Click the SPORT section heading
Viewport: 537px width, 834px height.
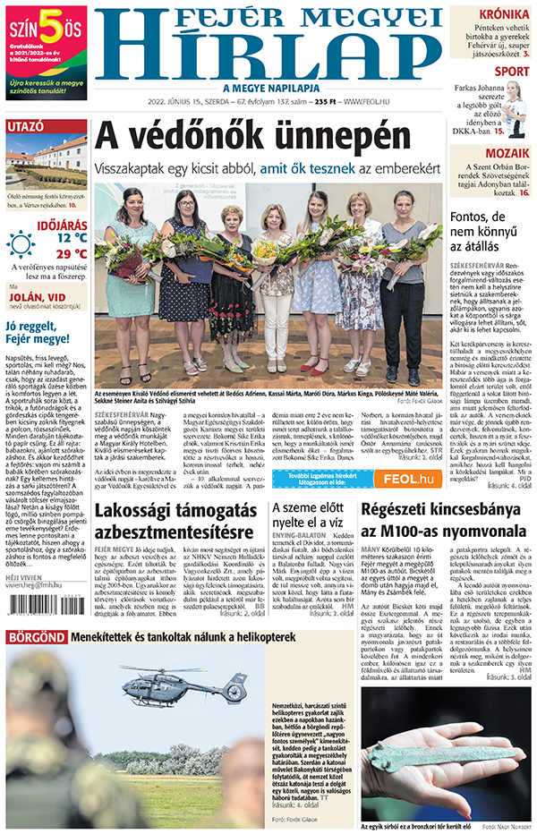[511, 72]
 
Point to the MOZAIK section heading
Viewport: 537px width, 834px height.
[508, 153]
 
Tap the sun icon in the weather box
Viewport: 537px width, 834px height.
[21, 243]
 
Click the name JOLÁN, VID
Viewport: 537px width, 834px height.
[39, 297]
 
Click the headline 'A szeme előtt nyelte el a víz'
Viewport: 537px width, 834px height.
[309, 523]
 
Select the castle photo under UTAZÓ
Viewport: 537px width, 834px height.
[46, 163]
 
